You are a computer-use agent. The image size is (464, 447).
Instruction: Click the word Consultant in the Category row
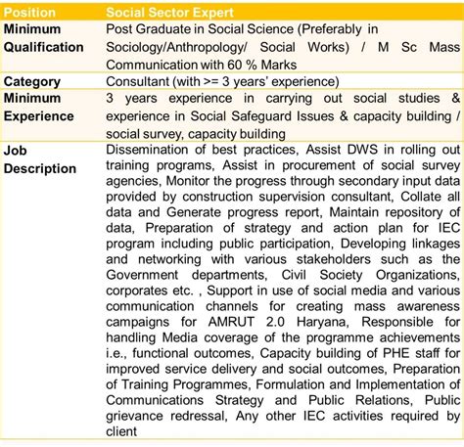click(144, 81)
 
